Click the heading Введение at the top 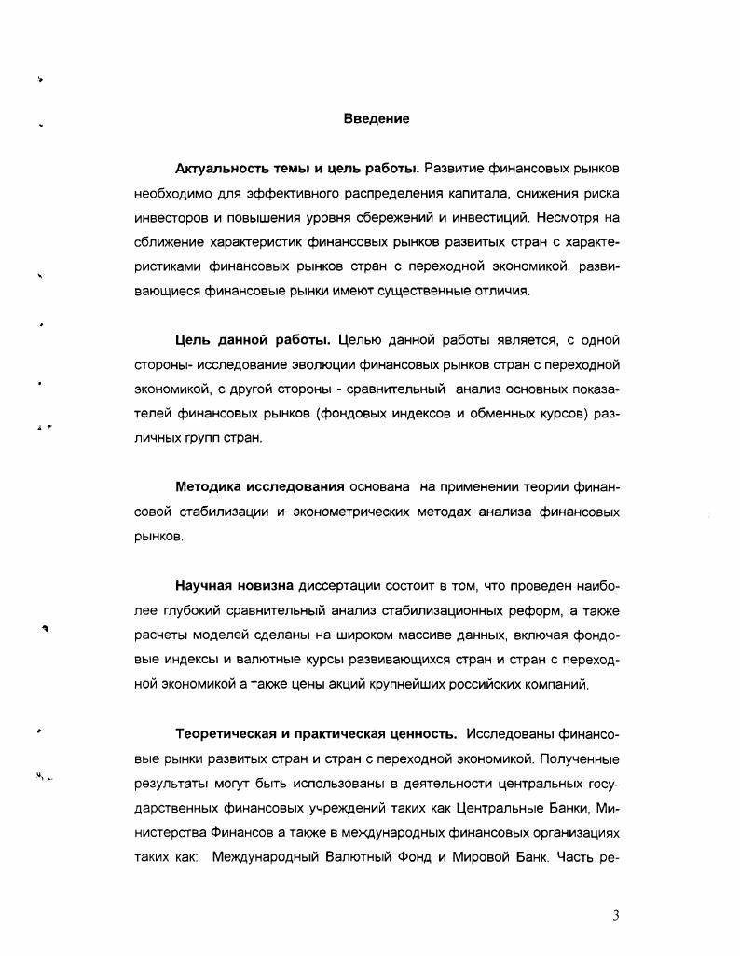pyautogui.click(x=376, y=119)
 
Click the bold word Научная pyautogui.click(x=204, y=586)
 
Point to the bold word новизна pyautogui.click(x=266, y=586)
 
